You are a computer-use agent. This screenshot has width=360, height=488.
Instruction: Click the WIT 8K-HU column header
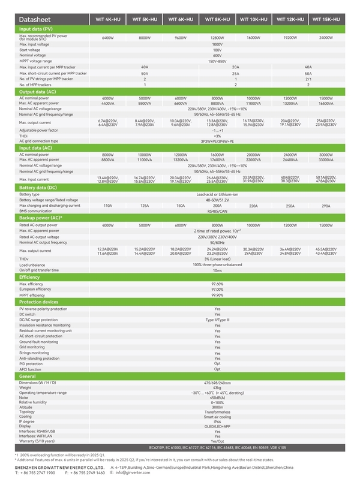pos(217,19)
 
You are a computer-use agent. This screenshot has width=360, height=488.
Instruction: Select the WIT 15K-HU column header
pos(326,19)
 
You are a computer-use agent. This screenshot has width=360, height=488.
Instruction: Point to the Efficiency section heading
pos(30,277)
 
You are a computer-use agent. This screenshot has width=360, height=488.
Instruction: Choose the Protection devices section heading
pos(39,302)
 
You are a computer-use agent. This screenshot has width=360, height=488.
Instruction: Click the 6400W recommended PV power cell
pos(108,38)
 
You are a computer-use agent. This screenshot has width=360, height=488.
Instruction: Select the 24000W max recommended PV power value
pos(326,38)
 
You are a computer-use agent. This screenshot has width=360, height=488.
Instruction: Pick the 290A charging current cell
pos(326,206)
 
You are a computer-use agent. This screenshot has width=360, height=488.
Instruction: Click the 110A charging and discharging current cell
pos(108,206)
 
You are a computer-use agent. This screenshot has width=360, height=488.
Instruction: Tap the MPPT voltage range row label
pos(35,61)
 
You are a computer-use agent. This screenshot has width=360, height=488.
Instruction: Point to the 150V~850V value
pos(217,61)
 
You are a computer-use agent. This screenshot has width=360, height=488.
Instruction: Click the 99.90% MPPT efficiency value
pos(217,295)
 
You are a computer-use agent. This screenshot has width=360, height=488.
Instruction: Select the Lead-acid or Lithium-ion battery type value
pos(217,194)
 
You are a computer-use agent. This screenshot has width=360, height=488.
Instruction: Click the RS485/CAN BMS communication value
pos(217,211)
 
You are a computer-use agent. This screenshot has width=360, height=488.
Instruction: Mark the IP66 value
pos(217,421)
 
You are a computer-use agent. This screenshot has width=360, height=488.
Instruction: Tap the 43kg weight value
pos(217,387)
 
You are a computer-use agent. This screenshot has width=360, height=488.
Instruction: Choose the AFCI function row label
pos(31,369)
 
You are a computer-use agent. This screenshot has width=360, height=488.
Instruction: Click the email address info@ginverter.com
pos(135,472)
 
